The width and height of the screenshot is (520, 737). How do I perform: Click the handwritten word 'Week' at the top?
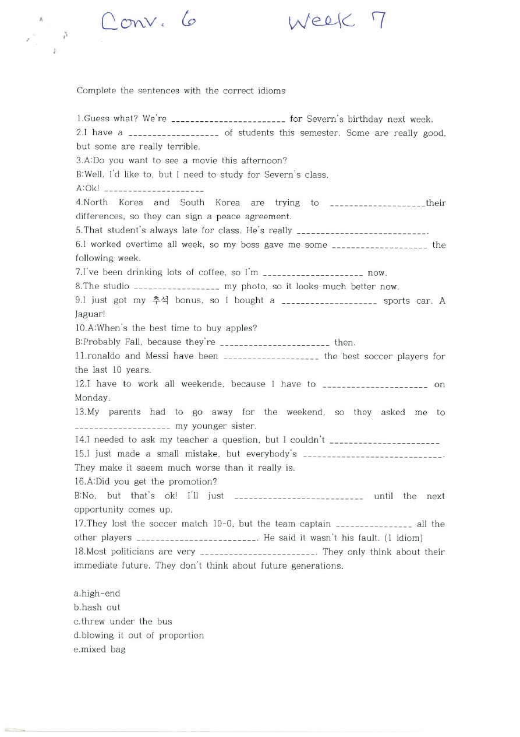[x=321, y=23]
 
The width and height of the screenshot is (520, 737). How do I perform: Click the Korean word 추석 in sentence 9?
[x=159, y=301]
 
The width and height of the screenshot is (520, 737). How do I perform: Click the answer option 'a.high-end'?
[x=97, y=594]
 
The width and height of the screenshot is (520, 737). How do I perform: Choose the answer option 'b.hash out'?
[x=97, y=608]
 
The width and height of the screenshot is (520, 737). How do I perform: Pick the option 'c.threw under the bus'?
[x=123, y=622]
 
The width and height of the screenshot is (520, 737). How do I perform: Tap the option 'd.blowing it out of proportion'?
[x=139, y=636]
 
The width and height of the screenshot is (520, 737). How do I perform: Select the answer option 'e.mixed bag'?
[x=100, y=650]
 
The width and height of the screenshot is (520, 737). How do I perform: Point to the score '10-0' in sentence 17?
[x=224, y=524]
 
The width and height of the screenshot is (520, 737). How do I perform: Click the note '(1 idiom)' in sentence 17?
[x=404, y=538]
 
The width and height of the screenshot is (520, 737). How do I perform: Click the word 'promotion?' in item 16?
[x=193, y=482]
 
